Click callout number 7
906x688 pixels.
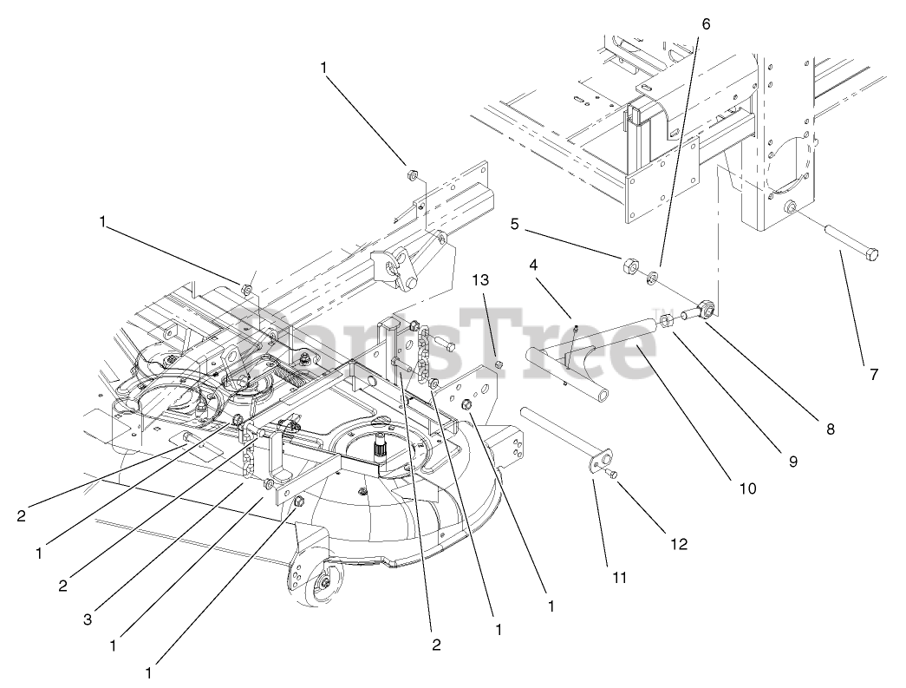pyautogui.click(x=873, y=375)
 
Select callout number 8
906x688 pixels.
pyautogui.click(x=831, y=428)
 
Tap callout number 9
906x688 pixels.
pyautogui.click(x=792, y=462)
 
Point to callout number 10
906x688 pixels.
pyautogui.click(x=747, y=488)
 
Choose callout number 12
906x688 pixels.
pyautogui.click(x=679, y=544)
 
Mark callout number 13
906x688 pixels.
pyautogui.click(x=480, y=280)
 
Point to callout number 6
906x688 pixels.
pyautogui.click(x=704, y=24)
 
